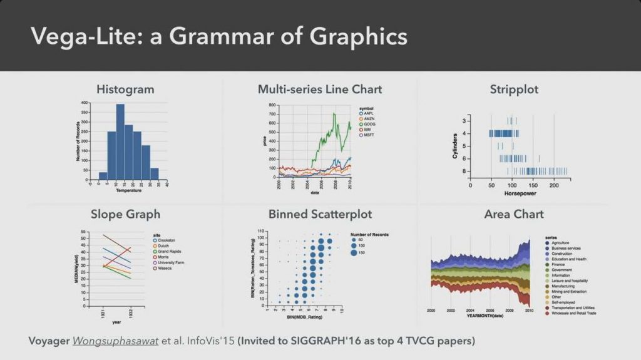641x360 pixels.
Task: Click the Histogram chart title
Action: (x=125, y=90)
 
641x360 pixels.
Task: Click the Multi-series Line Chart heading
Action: (x=320, y=90)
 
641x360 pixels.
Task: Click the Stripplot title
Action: (x=514, y=90)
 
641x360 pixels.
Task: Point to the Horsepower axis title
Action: (x=511, y=193)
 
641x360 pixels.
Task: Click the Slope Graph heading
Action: (x=125, y=214)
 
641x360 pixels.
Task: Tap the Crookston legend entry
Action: (x=167, y=240)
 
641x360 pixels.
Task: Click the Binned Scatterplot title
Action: (x=320, y=214)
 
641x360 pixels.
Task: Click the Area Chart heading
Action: (x=514, y=214)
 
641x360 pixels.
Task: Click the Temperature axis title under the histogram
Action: (x=128, y=190)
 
